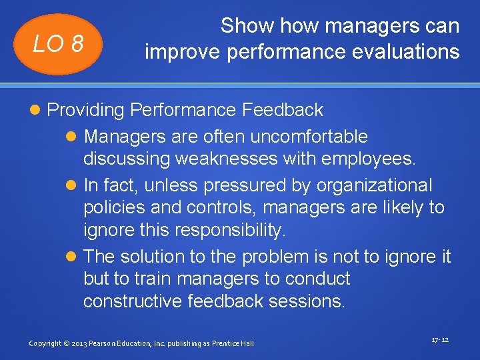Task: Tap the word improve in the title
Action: pyautogui.click(x=177, y=51)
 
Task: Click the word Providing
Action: pyautogui.click(x=87, y=110)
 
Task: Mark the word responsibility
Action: pyautogui.click(x=231, y=230)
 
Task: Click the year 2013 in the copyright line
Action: pyautogui.click(x=83, y=343)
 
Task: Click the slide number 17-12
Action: pyautogui.click(x=440, y=340)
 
